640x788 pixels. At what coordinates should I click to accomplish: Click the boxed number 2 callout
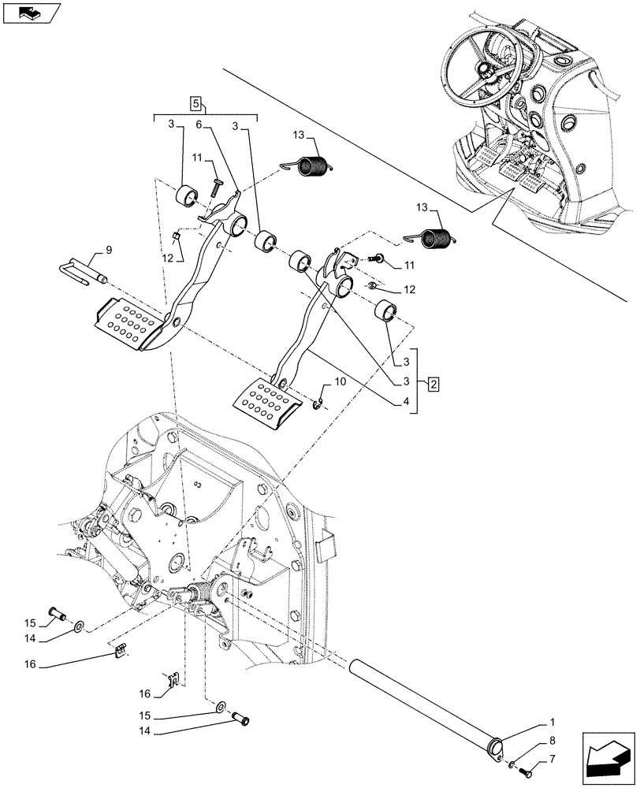(433, 385)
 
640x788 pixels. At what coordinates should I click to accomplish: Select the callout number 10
(340, 381)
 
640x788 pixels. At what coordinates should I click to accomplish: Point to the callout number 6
(199, 125)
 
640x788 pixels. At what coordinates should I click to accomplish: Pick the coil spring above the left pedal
(314, 166)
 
